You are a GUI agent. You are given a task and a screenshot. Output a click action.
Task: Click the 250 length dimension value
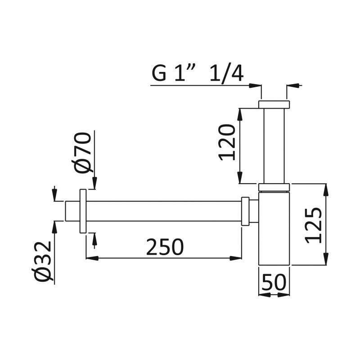click(x=165, y=247)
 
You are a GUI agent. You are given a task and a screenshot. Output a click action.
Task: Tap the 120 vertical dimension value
click(x=227, y=142)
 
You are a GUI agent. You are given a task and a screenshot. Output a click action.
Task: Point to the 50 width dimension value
click(x=274, y=282)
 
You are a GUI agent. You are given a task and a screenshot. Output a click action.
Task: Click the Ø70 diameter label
click(x=82, y=152)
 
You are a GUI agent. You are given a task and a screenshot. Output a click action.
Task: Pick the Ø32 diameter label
click(x=42, y=261)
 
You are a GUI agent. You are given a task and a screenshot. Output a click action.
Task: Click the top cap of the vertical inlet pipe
click(x=274, y=104)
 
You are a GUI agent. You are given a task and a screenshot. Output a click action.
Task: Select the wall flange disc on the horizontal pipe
click(x=83, y=211)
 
